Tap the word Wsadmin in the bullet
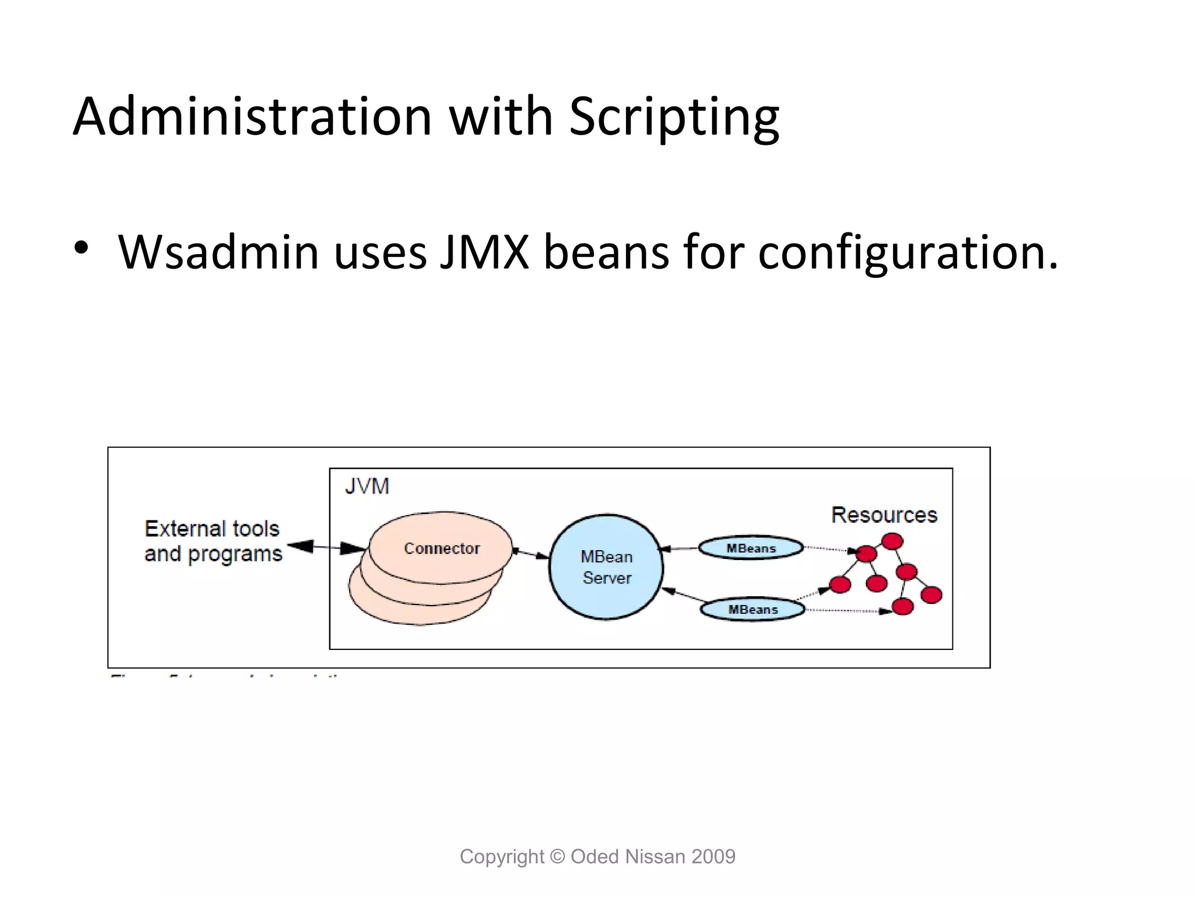(x=218, y=253)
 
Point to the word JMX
(x=484, y=253)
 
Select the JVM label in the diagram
(x=367, y=486)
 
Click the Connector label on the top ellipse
(x=441, y=548)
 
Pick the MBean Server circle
(x=606, y=567)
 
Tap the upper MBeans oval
(x=751, y=548)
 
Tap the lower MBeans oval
(x=753, y=610)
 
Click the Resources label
(x=884, y=515)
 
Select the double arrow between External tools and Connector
(x=326, y=547)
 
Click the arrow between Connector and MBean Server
(x=531, y=552)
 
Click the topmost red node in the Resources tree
(x=892, y=541)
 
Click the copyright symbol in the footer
(x=558, y=857)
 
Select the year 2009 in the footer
(x=713, y=857)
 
